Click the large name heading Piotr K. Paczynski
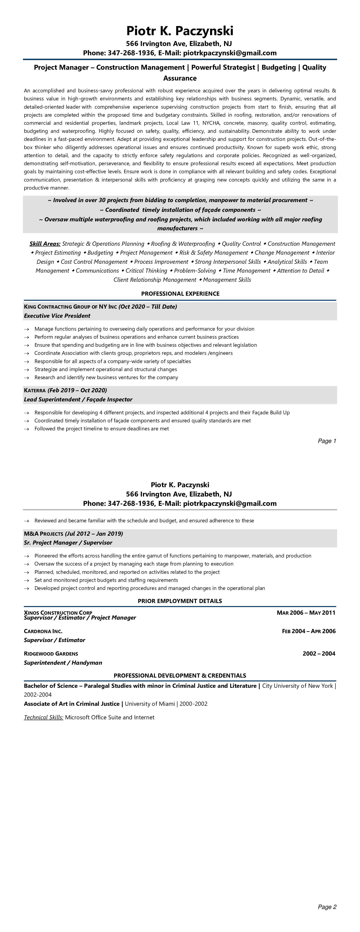tap(180, 31)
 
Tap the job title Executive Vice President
tap(57, 315)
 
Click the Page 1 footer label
tap(327, 441)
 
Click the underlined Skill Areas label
tap(45, 244)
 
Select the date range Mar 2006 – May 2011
tap(306, 613)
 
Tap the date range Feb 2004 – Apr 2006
tap(309, 631)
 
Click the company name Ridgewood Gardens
tap(51, 653)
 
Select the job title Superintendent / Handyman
tap(63, 662)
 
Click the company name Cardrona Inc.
tap(43, 631)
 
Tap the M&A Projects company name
tap(43, 534)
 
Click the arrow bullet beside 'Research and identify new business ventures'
tap(26, 378)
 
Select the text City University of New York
tap(297, 686)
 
